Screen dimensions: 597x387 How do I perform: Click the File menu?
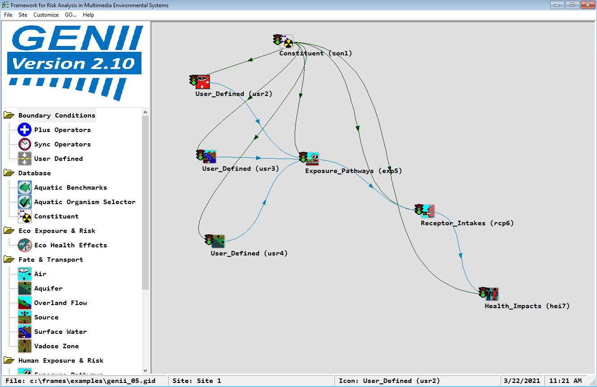[8, 15]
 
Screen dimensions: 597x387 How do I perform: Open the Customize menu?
[46, 15]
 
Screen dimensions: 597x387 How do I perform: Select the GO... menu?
[71, 15]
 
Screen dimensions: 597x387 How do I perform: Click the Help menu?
[88, 15]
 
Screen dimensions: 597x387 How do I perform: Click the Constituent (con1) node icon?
[286, 41]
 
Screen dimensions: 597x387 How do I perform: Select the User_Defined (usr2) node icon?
[203, 82]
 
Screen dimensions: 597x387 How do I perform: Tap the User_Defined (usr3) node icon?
[209, 157]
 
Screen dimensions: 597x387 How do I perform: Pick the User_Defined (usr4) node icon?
[218, 241]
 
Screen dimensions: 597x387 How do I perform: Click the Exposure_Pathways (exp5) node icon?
[312, 159]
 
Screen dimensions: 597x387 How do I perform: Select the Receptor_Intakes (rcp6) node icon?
[428, 211]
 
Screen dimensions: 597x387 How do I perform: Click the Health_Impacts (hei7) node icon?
[492, 294]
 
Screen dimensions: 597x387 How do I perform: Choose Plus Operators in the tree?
[62, 130]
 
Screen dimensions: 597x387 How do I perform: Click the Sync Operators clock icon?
[24, 144]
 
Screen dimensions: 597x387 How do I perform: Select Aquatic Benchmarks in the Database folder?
[70, 187]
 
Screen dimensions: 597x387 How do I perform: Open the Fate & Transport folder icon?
[9, 260]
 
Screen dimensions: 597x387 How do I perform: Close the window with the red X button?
[588, 5]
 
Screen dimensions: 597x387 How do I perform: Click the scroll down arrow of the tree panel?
[145, 370]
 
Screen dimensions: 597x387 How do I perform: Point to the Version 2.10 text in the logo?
[74, 63]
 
